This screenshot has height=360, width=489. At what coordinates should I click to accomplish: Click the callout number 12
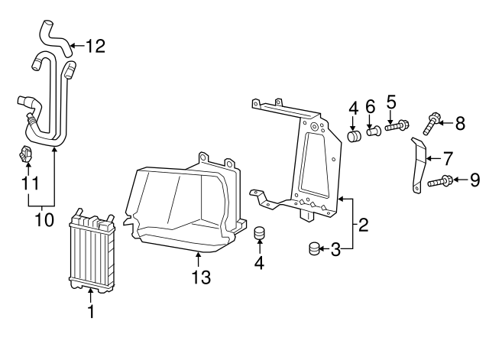(96, 46)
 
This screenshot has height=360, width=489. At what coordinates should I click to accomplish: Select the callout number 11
(31, 183)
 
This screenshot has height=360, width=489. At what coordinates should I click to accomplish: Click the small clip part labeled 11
(25, 154)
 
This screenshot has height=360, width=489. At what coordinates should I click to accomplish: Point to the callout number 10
(44, 220)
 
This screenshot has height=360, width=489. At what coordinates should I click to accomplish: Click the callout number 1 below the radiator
(91, 311)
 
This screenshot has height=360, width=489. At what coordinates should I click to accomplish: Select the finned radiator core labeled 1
(92, 250)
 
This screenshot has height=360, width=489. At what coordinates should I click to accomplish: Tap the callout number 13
(201, 277)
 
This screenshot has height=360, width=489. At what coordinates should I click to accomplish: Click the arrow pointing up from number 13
(198, 260)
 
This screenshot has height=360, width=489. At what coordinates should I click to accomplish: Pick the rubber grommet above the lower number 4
(260, 233)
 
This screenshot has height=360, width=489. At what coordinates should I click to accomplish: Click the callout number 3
(335, 250)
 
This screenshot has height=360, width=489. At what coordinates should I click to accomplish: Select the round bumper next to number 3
(314, 248)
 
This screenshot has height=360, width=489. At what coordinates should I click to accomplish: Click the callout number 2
(363, 225)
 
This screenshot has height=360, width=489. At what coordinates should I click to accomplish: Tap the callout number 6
(370, 107)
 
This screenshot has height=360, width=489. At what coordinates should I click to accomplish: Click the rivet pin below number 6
(374, 130)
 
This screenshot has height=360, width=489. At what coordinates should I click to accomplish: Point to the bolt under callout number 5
(397, 126)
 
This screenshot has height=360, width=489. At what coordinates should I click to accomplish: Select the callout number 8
(460, 123)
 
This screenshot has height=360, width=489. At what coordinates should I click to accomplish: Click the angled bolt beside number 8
(432, 124)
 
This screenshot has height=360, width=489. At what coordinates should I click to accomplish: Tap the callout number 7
(448, 159)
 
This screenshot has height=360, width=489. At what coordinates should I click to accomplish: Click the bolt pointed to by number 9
(439, 182)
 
